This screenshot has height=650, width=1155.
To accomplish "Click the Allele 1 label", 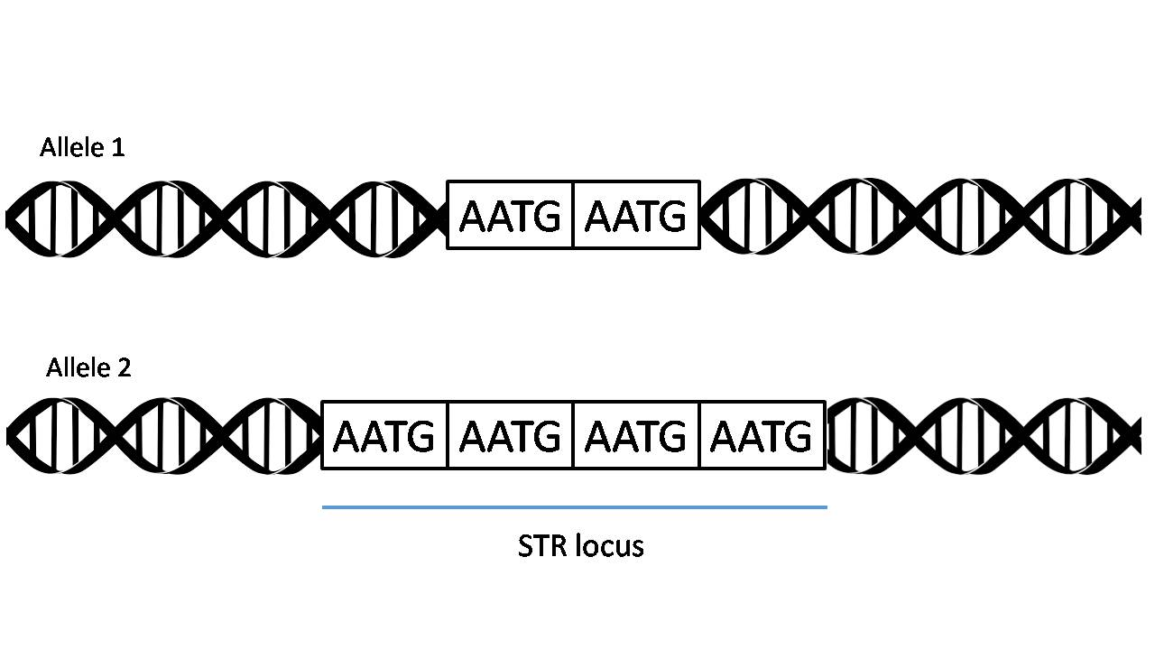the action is coord(82,147).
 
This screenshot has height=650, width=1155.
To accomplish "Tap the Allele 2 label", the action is coord(88,367).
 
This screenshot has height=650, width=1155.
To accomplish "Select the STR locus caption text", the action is coord(581,546).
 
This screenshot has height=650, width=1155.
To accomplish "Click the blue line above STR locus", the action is coord(575,507).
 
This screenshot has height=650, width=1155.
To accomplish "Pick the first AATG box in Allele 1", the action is coord(510,215).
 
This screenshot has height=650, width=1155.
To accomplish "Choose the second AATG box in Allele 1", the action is coord(636,215).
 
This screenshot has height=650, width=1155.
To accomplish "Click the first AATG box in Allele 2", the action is coord(384,436).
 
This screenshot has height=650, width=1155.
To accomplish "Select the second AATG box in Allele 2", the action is coord(510,436).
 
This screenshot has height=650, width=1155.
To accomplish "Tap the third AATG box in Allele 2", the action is coord(636,436).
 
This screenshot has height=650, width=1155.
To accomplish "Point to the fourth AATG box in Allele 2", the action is coord(762,436).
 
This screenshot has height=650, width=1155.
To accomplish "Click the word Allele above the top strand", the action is coord(69,147).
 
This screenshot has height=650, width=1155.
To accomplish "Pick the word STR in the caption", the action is coord(538,546).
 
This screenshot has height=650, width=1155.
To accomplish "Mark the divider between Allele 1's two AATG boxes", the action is coord(573,215).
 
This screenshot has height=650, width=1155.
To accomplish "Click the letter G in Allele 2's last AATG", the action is coord(795,437).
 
